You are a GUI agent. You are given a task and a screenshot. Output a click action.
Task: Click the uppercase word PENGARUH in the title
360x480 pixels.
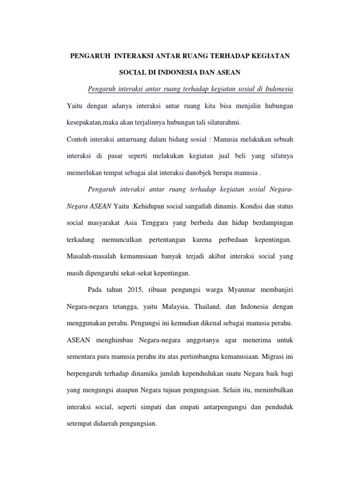coord(90,56)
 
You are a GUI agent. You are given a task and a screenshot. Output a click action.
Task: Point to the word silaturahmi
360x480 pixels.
coord(219,122)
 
